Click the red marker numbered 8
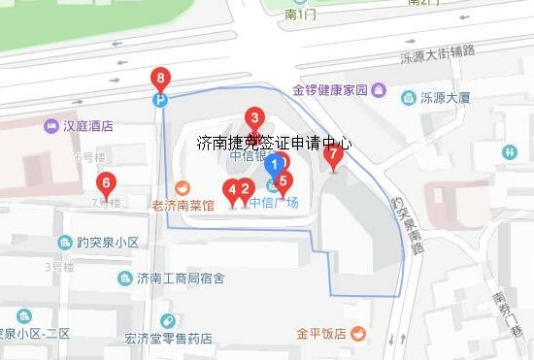pos(160,78)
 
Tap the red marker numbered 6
pos(107,181)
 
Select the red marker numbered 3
pos(254,119)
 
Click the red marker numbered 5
pos(284,180)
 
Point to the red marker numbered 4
pos(232,189)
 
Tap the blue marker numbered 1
pos(275,166)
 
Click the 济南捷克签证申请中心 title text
pos(274,143)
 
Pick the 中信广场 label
pos(274,203)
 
